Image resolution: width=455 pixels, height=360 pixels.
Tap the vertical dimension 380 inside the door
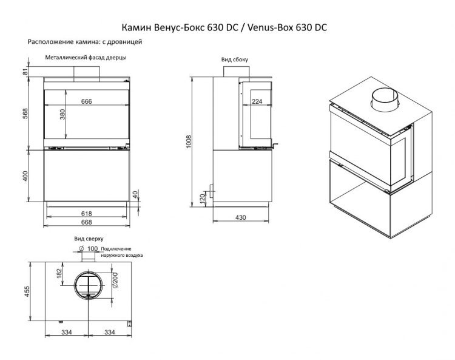pyautogui.click(x=62, y=115)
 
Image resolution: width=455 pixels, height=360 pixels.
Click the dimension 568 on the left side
pyautogui.click(x=25, y=115)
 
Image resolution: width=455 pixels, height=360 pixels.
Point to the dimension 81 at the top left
pyautogui.click(x=25, y=72)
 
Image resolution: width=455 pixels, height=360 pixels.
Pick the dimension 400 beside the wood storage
pyautogui.click(x=25, y=175)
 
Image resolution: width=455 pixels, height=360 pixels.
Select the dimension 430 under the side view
pyautogui.click(x=241, y=217)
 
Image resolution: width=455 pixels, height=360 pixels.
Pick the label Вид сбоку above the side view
pyautogui.click(x=234, y=59)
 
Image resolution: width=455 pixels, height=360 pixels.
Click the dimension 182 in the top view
pyautogui.click(x=59, y=273)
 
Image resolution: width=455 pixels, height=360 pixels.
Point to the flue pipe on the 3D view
pyautogui.click(x=385, y=100)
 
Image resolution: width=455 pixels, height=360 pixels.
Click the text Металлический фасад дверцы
pyautogui.click(x=86, y=57)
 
